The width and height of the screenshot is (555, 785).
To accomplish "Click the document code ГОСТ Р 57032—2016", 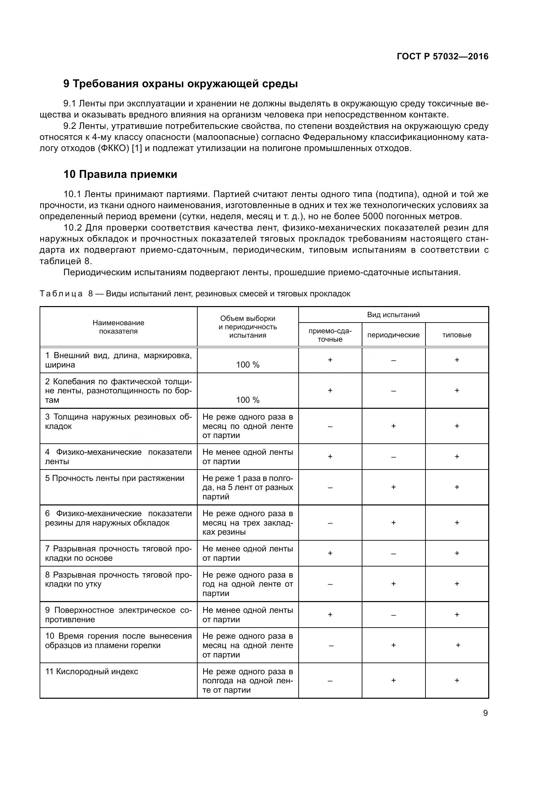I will [x=443, y=57].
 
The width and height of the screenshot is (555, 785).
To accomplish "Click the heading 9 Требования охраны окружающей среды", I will [x=181, y=84].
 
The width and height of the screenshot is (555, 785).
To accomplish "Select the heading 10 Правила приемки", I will [x=120, y=175].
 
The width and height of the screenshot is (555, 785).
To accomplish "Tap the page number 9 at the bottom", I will [x=485, y=713].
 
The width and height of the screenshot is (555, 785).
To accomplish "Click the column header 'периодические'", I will [x=393, y=335].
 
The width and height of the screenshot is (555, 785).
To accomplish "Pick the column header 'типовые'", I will [x=457, y=335].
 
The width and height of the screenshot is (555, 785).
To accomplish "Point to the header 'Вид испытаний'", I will [x=393, y=314].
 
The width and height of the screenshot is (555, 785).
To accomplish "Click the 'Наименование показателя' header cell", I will [x=118, y=327].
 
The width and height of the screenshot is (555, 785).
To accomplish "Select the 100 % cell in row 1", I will [x=248, y=365].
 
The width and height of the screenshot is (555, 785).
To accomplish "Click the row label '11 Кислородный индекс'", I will [x=92, y=672].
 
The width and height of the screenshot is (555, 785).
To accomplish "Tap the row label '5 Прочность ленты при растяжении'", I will [x=114, y=478].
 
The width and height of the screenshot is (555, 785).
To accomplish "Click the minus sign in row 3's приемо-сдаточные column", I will [x=330, y=426].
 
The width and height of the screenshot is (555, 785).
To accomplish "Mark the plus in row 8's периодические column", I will [x=393, y=584].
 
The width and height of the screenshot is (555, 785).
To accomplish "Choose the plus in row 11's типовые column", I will [x=457, y=680].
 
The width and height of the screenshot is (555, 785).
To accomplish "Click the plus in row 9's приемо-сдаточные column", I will [x=330, y=615].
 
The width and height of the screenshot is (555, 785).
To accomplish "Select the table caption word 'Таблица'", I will [x=61, y=294].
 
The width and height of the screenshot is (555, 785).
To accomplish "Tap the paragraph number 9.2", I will [x=70, y=126].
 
